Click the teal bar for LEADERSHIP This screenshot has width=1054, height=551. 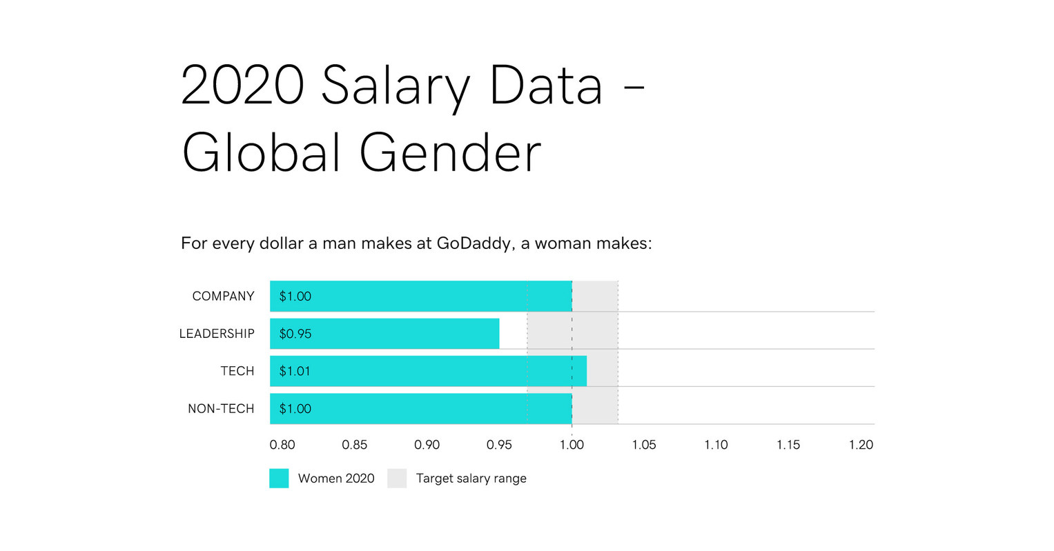[384, 334]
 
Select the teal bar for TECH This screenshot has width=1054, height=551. [428, 371]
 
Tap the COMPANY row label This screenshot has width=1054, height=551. [223, 297]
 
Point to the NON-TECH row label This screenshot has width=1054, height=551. [221, 409]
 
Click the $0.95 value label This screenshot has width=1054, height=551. [295, 334]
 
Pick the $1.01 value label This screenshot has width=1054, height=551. [295, 371]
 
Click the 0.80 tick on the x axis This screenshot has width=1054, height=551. [282, 445]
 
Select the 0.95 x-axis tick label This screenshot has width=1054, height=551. [499, 445]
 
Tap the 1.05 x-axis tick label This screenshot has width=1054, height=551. [644, 445]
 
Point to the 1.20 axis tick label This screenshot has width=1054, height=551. [861, 445]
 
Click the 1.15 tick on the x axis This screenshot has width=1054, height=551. [788, 445]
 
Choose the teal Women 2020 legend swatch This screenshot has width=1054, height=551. [279, 479]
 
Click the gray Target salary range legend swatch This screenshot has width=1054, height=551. [397, 479]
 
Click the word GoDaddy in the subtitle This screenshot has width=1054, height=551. [474, 243]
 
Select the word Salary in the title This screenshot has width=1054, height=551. [396, 86]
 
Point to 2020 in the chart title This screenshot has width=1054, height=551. [242, 86]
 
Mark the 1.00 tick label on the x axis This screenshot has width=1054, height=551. [572, 445]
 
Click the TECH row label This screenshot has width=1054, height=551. [237, 371]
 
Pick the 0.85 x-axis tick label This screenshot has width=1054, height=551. [355, 445]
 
